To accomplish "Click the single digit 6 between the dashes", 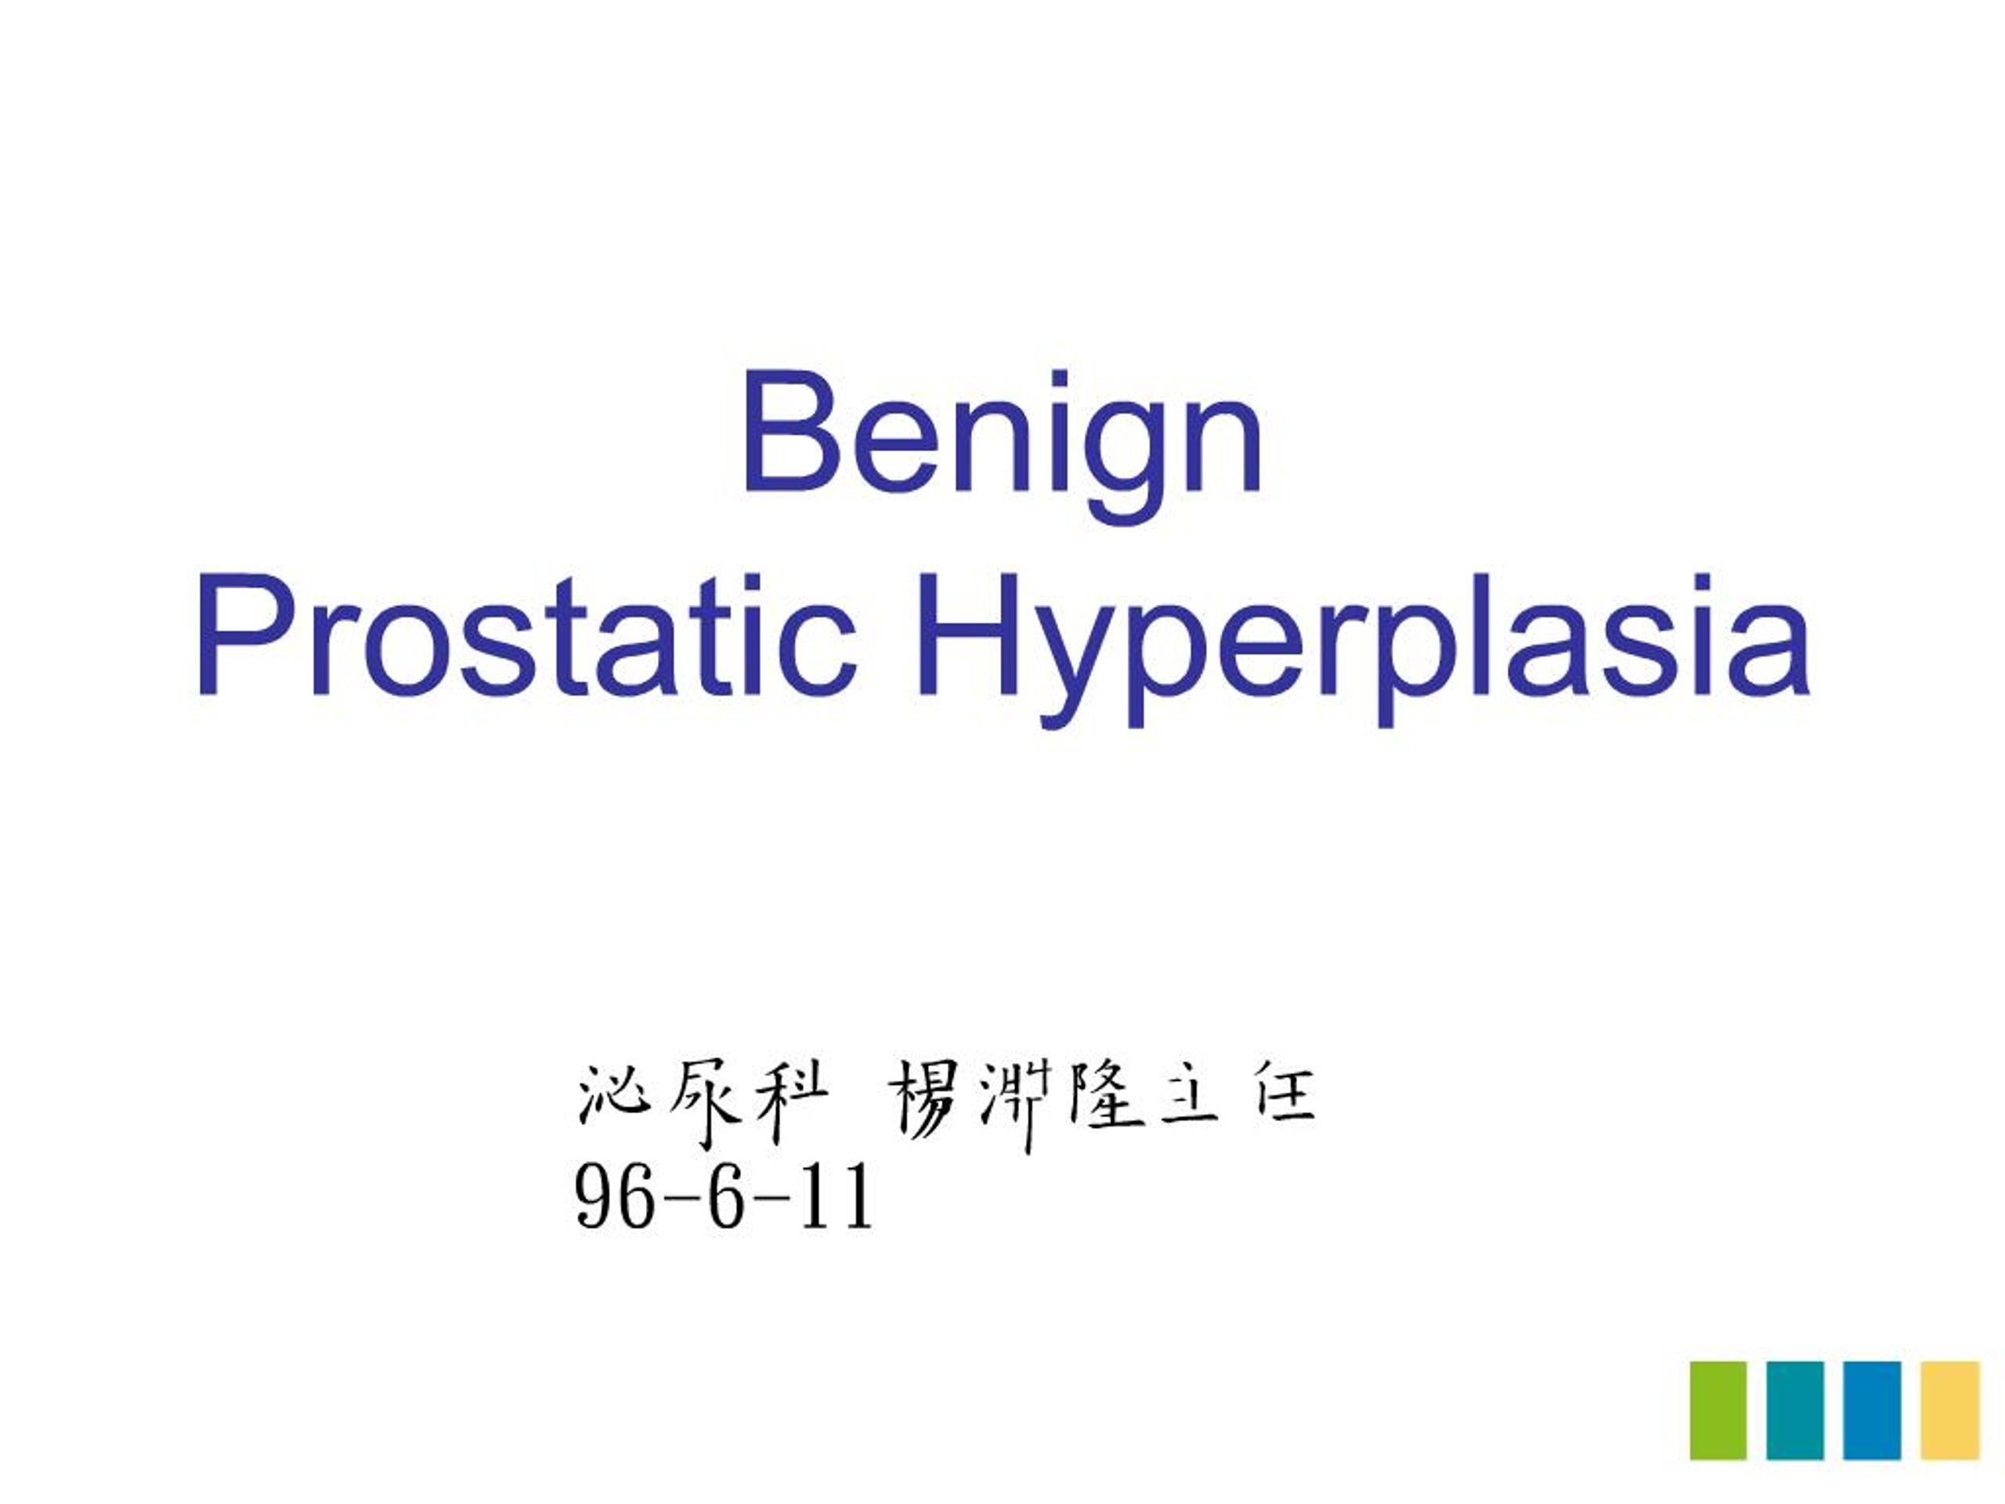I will [x=725, y=1198].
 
